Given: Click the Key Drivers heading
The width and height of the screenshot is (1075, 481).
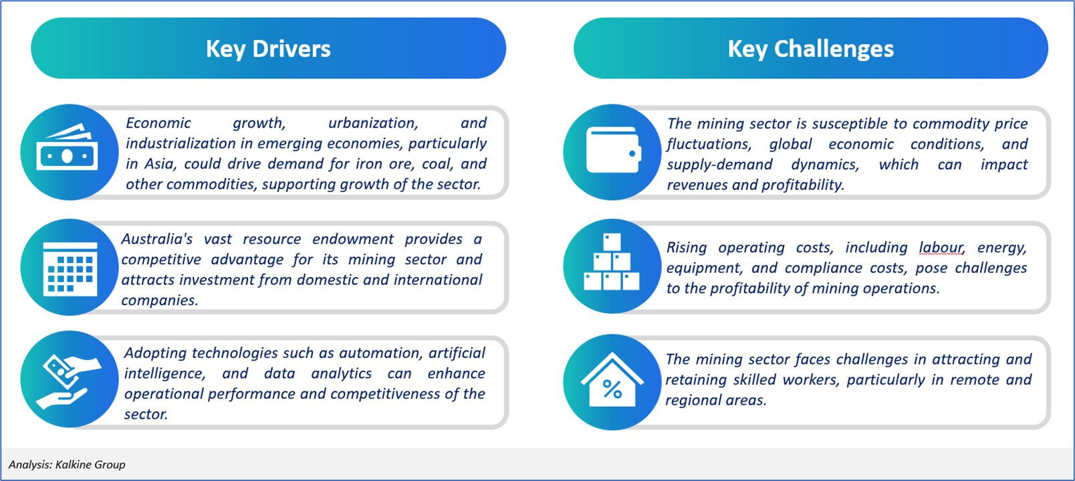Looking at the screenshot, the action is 268,49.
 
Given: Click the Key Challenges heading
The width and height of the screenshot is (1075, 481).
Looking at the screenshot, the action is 810,49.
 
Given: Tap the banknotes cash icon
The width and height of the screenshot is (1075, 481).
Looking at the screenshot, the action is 67,147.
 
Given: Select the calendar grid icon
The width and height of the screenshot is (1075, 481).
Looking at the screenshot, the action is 70,269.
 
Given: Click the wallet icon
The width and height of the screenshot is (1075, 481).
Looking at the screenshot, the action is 614,150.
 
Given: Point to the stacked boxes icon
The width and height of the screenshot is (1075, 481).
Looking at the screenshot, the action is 612,262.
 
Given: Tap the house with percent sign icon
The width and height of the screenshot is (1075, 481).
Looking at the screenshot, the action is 612,379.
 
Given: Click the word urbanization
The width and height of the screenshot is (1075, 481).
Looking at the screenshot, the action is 373,123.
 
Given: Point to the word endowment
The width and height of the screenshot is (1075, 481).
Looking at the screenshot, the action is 353,239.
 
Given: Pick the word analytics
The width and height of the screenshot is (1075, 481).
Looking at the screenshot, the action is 341,373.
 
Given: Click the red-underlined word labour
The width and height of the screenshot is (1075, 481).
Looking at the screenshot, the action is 941,248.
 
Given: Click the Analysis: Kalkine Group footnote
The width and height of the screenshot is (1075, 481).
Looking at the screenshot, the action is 67,465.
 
